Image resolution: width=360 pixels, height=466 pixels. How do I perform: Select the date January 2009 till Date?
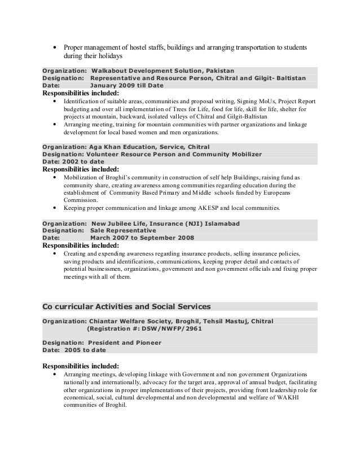127,86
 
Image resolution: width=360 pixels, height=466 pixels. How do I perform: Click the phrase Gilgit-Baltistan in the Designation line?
282,78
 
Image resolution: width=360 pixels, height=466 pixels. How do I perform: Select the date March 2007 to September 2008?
143,238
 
